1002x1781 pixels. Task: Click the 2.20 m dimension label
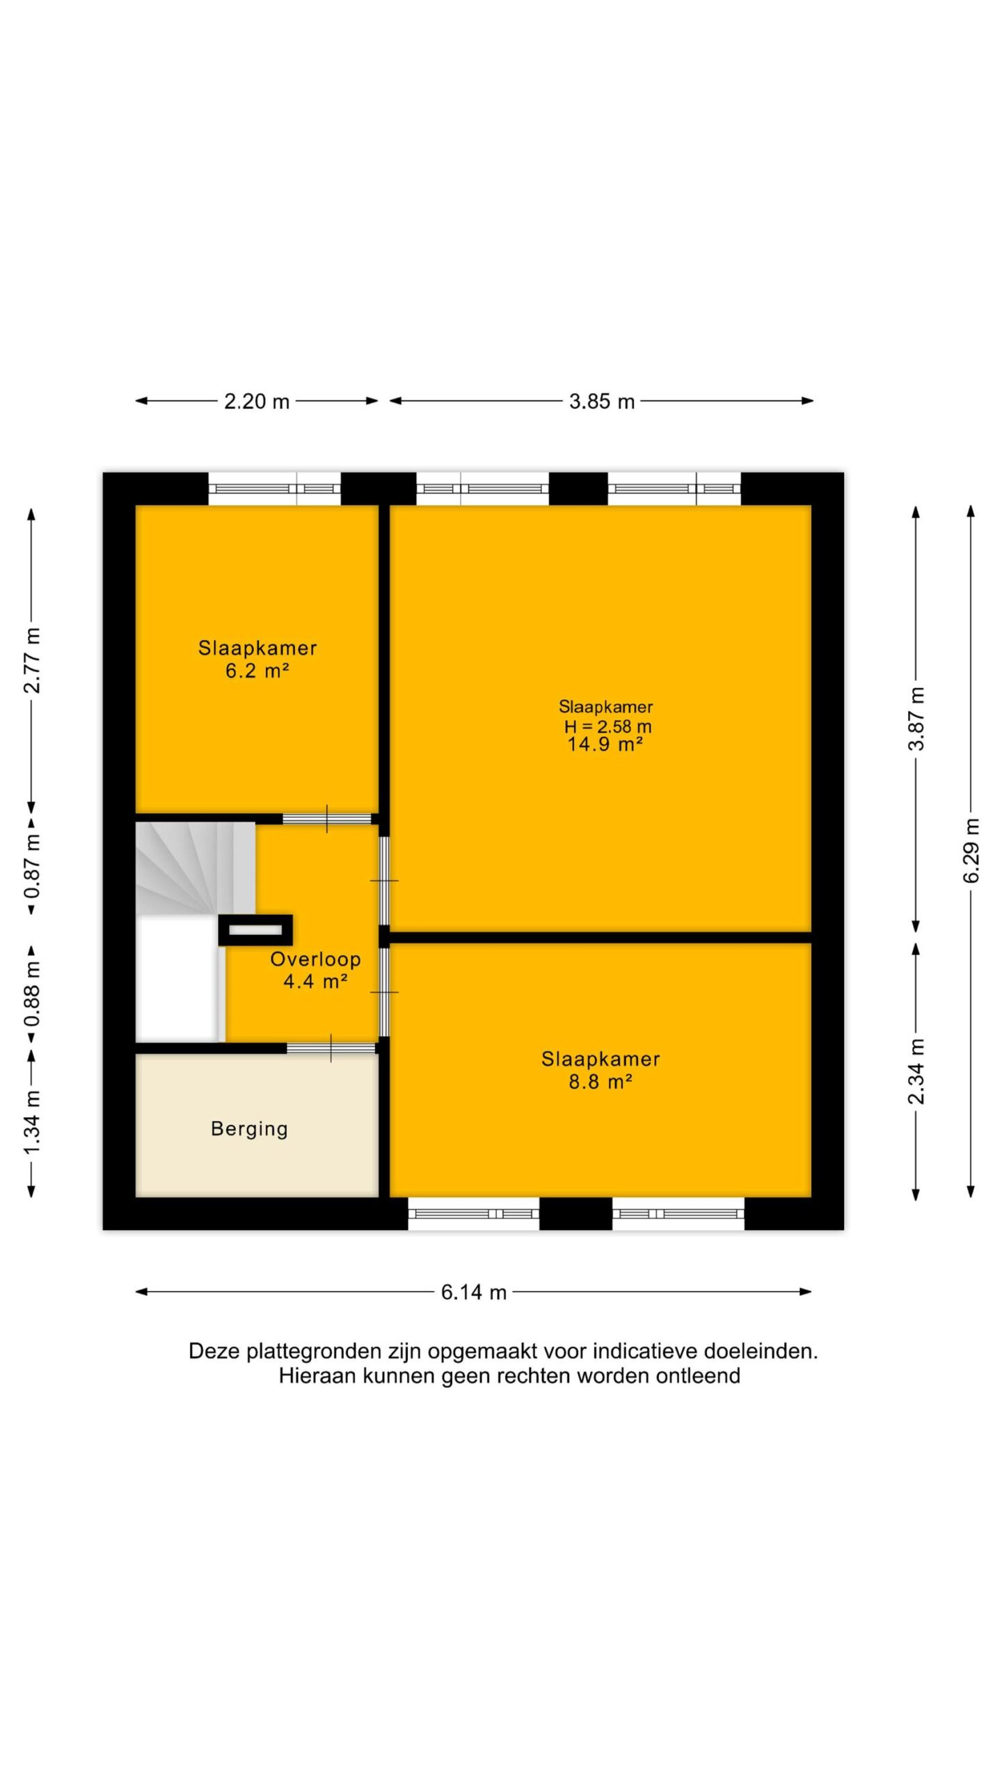coord(256,401)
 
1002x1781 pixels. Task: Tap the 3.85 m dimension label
coord(602,401)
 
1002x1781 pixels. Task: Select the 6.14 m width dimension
coord(473,1292)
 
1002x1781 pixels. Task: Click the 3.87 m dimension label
coord(916,718)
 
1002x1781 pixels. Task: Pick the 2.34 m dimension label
coord(916,1071)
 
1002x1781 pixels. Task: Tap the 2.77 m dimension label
coord(32,660)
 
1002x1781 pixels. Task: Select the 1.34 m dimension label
coord(32,1122)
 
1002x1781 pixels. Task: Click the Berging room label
coord(249,1128)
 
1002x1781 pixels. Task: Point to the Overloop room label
coord(315,959)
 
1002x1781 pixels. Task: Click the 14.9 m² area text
coord(605,744)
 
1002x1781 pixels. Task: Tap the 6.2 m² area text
coord(257,671)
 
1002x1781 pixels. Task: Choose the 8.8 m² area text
coord(601,1082)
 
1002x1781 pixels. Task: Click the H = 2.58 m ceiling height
coord(607,726)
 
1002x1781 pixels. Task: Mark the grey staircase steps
coord(195,869)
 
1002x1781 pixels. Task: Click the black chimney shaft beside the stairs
coord(255,930)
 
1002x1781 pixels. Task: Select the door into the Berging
coord(331,1048)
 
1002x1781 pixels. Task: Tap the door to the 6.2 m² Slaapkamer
coord(327,819)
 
